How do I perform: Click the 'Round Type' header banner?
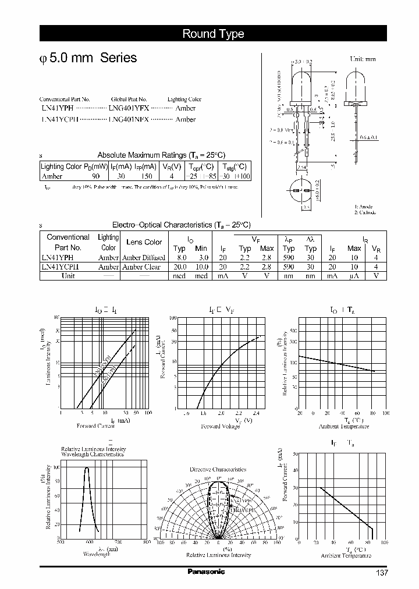pos(213,34)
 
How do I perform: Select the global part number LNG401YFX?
pos(129,108)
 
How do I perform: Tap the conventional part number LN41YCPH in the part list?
pos(58,119)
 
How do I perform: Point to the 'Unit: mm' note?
pos(363,59)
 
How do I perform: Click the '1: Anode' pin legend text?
pos(364,207)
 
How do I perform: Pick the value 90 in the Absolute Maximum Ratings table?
pos(95,176)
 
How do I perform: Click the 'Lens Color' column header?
pos(144,242)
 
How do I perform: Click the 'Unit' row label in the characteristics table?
pos(68,276)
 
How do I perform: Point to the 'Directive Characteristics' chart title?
pos(218,469)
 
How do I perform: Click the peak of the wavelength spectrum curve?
pos(87,468)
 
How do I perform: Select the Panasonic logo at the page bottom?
pos(205,572)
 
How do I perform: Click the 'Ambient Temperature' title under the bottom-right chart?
pos(346,556)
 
